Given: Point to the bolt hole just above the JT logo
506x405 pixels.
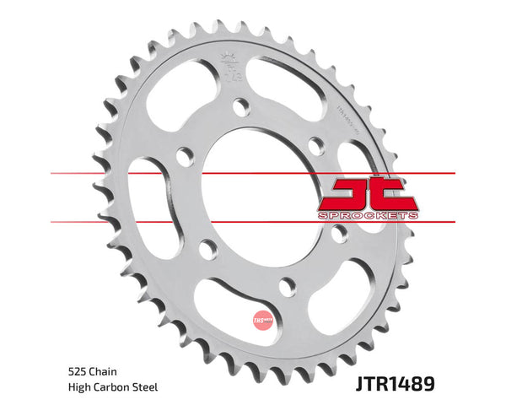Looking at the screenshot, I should coord(316,144).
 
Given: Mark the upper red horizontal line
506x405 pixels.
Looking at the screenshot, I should coord(84,174).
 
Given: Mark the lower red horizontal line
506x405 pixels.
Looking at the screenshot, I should coord(84,222).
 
